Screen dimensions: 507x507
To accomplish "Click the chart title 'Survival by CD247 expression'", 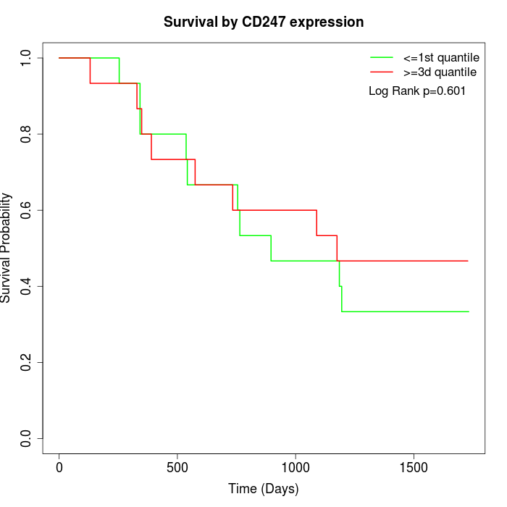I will point(264,22).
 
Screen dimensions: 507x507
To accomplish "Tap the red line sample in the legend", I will point(381,72).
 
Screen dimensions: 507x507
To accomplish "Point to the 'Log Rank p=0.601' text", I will point(417,91).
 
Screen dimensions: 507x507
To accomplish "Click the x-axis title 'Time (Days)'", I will point(264,489).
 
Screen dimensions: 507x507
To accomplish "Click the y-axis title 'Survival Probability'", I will point(7,248).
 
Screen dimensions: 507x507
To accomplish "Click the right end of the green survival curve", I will point(469,311).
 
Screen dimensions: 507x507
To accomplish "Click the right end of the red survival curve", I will point(468,261).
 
